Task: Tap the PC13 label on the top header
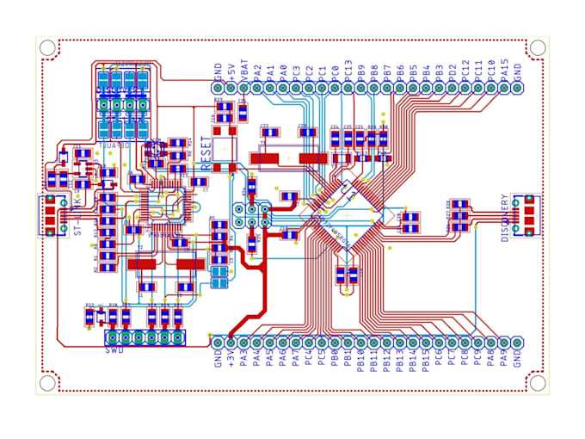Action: (x=348, y=68)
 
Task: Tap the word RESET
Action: (x=206, y=151)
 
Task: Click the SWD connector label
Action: (x=114, y=350)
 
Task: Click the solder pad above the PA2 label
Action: (x=257, y=87)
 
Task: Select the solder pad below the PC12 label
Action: (x=465, y=87)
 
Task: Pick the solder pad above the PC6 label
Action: (x=439, y=341)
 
